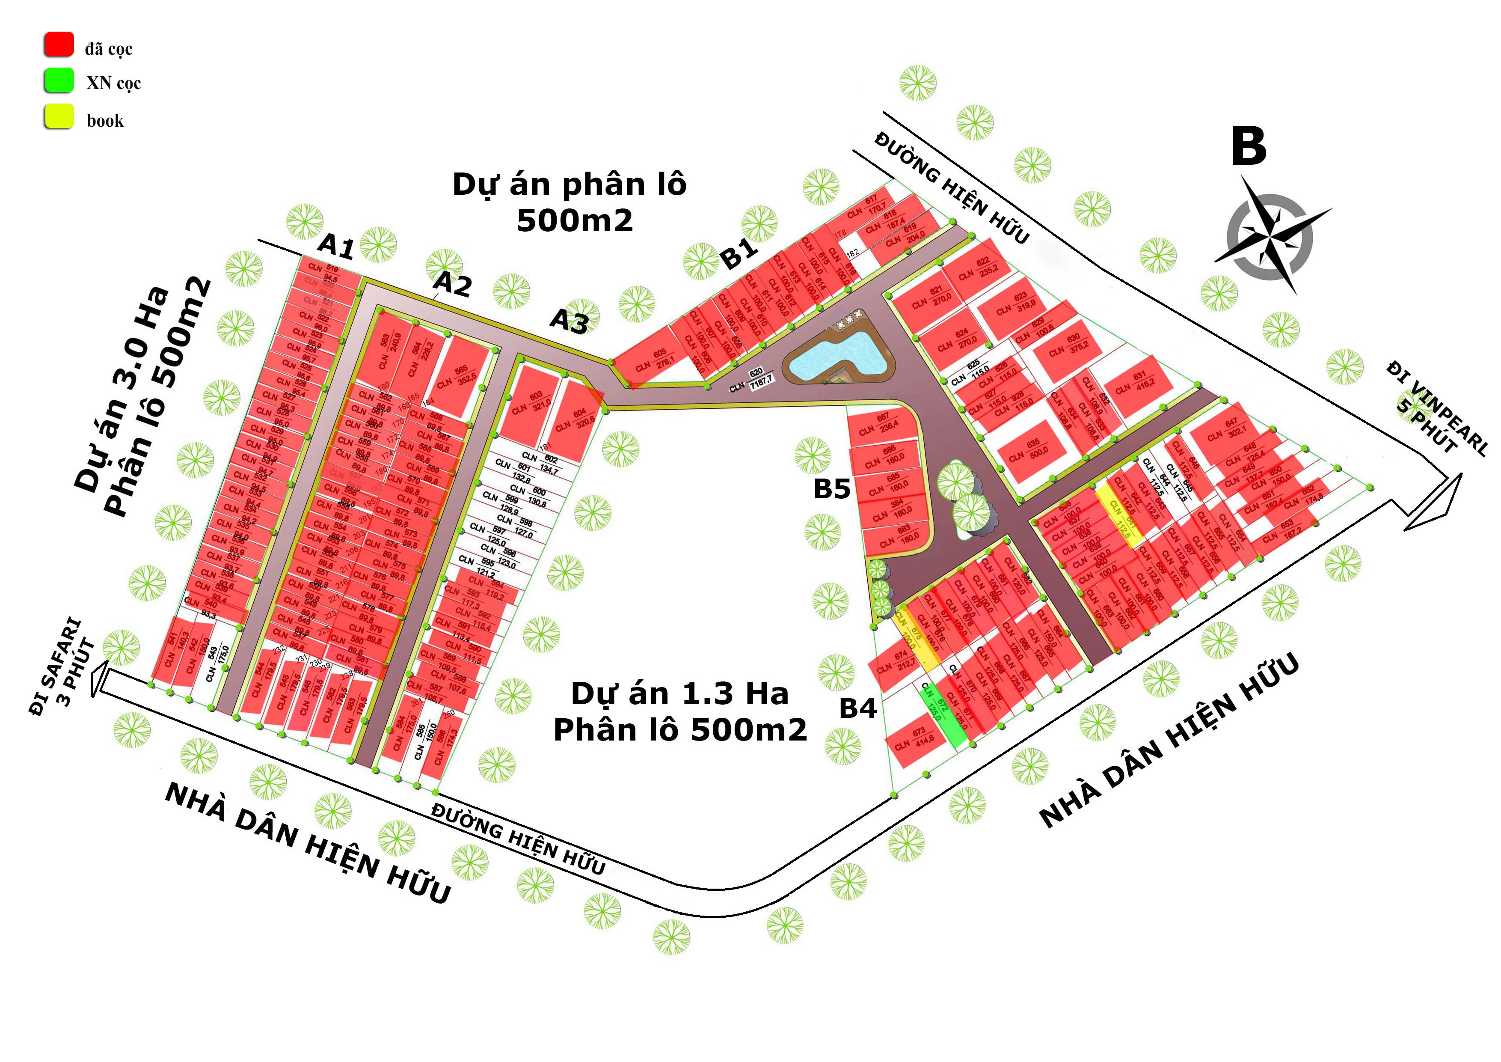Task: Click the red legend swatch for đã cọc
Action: tap(59, 45)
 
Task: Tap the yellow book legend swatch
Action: tap(59, 116)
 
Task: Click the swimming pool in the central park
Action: tap(839, 357)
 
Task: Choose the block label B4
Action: tap(858, 708)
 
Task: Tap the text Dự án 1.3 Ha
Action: tap(680, 694)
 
